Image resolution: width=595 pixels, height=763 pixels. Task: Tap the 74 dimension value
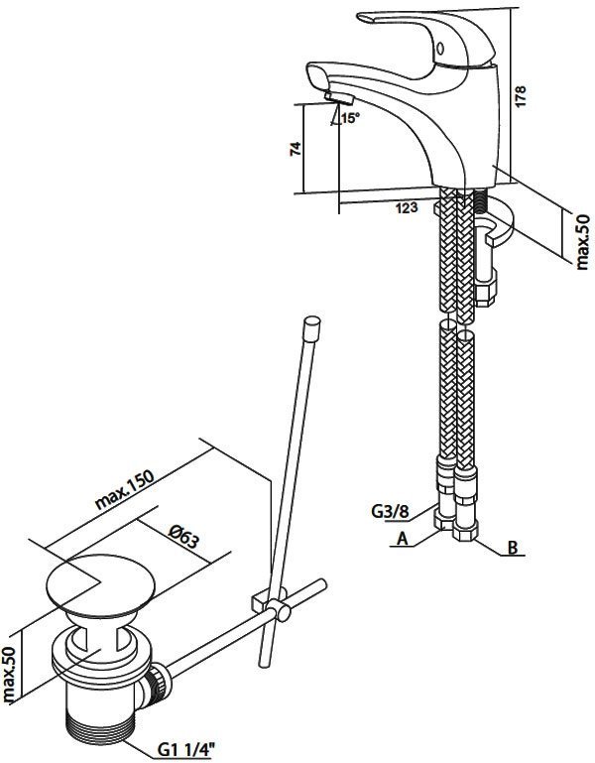[x=294, y=149]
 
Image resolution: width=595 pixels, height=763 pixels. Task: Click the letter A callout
[x=403, y=539]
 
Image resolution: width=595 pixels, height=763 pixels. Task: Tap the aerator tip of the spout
[x=336, y=98]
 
